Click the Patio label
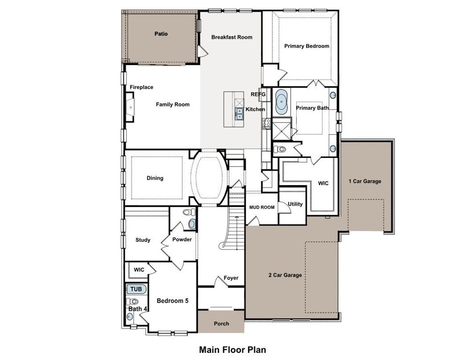tap(161, 34)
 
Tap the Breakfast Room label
tap(232, 37)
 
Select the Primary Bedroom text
tap(307, 46)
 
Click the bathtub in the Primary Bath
tap(281, 102)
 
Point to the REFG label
tap(258, 94)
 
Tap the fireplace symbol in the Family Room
tap(129, 107)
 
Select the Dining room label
tap(155, 178)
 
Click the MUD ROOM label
tap(262, 207)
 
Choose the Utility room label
tap(295, 204)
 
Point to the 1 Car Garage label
tap(365, 181)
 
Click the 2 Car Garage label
tap(285, 275)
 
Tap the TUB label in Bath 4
tap(136, 289)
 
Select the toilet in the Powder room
tap(188, 212)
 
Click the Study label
tap(143, 240)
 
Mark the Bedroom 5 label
tap(173, 300)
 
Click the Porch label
tap(221, 323)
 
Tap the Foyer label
tap(231, 278)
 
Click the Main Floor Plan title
tap(233, 349)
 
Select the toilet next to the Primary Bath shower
tap(280, 150)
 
